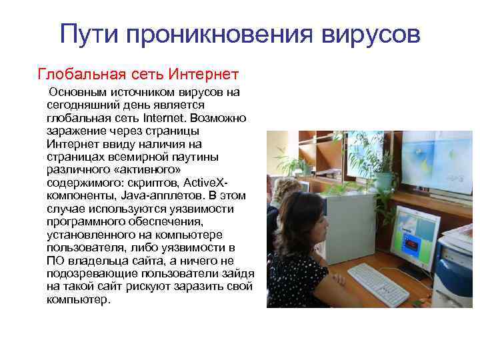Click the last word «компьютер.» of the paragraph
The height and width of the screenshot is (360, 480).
coord(77,300)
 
